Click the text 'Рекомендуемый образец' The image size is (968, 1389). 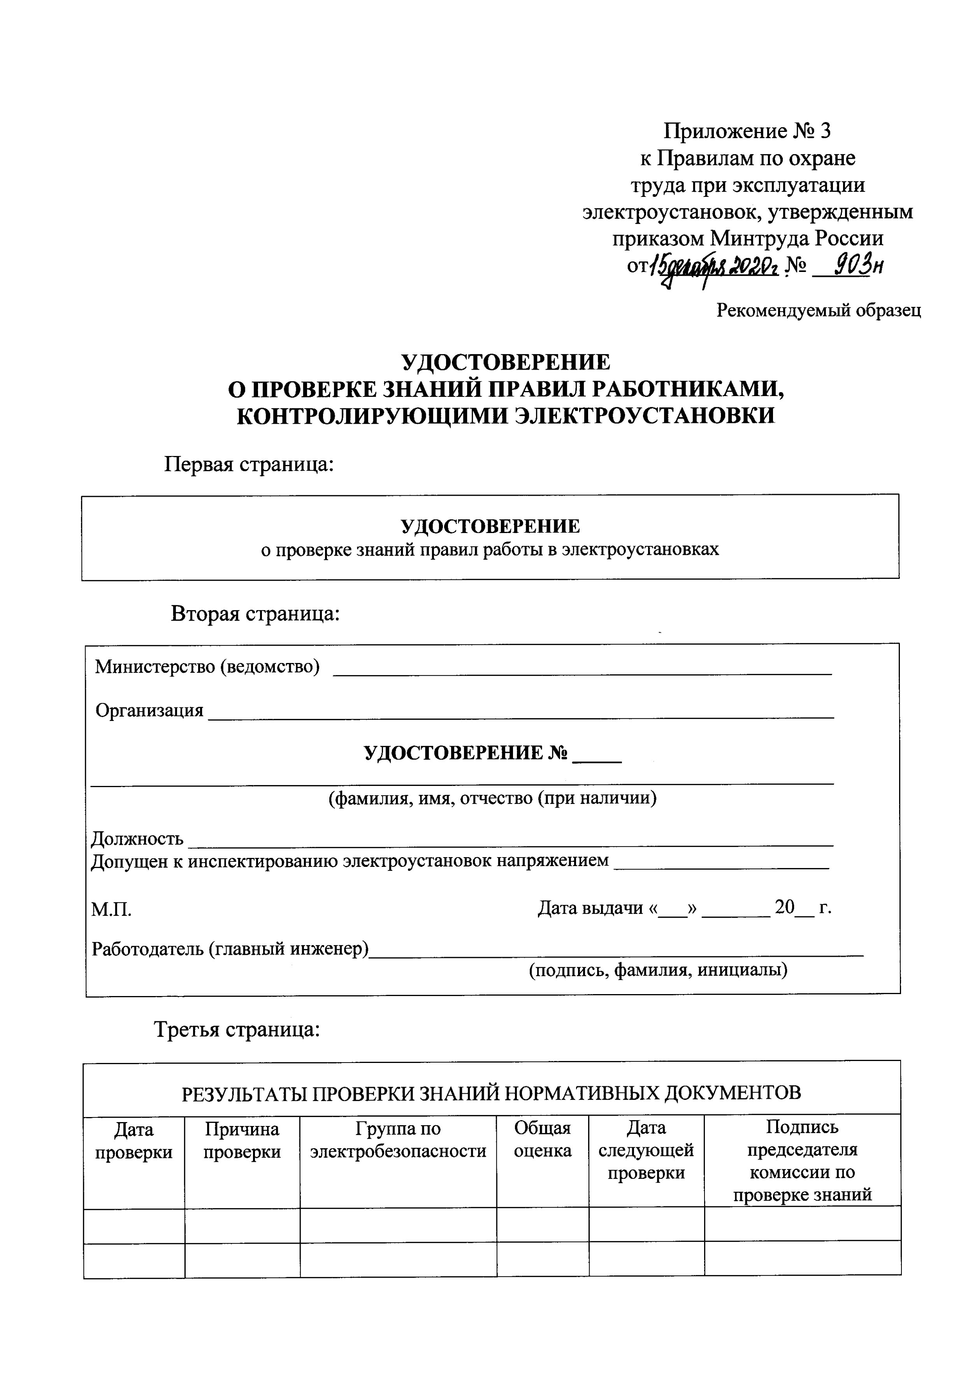[x=819, y=310]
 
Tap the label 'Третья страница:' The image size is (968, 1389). [x=237, y=1029]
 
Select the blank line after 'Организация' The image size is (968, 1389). [x=521, y=716]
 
